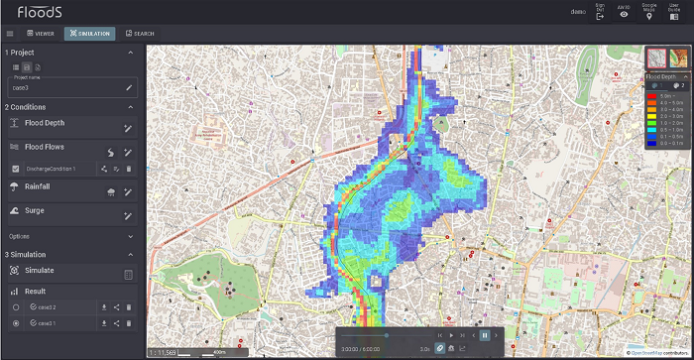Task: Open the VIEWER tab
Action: pyautogui.click(x=40, y=34)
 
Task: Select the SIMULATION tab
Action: pyautogui.click(x=90, y=34)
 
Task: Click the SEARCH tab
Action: pyautogui.click(x=138, y=34)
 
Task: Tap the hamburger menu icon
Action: pyautogui.click(x=10, y=34)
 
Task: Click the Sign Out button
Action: pyautogui.click(x=600, y=12)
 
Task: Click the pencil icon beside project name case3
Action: pyautogui.click(x=128, y=88)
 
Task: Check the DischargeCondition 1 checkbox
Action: pyautogui.click(x=15, y=170)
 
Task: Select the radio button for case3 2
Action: pyautogui.click(x=15, y=307)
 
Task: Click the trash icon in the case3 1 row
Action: pyautogui.click(x=129, y=323)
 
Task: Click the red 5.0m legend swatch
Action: pyautogui.click(x=651, y=96)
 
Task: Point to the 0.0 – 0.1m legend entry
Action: pyautogui.click(x=668, y=144)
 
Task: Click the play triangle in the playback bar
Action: pyautogui.click(x=451, y=335)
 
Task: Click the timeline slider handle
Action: pyautogui.click(x=387, y=335)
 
